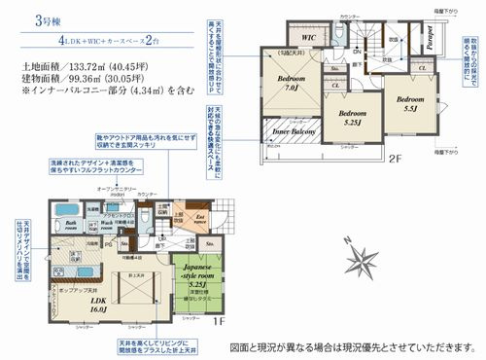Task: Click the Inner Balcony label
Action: point(292,133)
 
